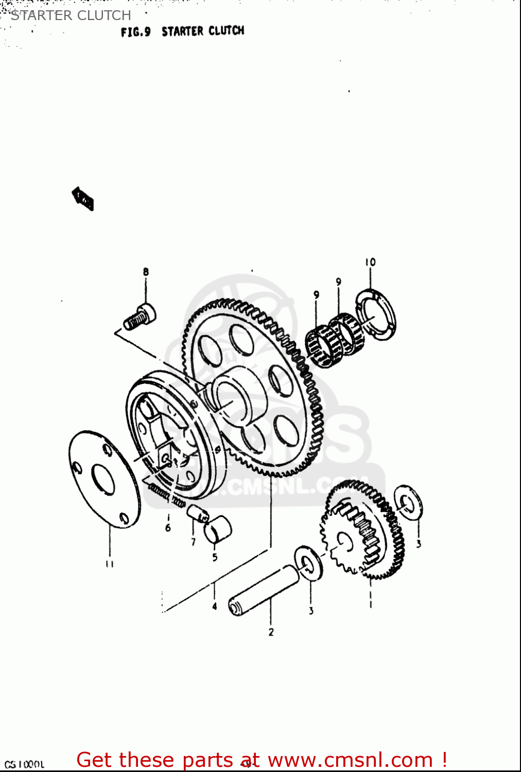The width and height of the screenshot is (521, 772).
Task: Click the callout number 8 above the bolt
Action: click(146, 272)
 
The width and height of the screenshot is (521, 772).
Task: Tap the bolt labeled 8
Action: click(140, 317)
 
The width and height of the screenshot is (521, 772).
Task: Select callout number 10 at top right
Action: click(370, 262)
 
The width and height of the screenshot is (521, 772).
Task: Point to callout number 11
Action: click(109, 564)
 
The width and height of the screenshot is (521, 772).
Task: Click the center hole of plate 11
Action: click(103, 478)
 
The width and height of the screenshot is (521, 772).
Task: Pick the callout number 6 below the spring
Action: click(168, 528)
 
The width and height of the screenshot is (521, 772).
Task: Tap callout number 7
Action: click(193, 542)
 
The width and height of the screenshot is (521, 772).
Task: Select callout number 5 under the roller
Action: click(215, 557)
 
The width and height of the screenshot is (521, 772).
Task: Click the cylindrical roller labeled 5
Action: click(218, 529)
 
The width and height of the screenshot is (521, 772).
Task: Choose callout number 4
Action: click(214, 606)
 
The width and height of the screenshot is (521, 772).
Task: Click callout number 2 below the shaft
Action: click(271, 632)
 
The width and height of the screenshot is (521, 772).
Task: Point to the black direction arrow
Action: click(82, 199)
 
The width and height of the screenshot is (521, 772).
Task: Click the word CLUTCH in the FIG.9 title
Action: click(227, 31)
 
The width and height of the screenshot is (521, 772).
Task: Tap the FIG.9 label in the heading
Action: click(135, 32)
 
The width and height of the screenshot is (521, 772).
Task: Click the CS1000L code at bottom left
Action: click(24, 765)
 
